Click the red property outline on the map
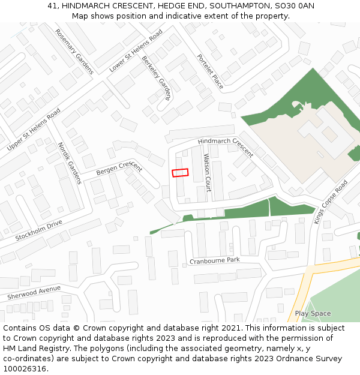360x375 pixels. [x=180, y=173]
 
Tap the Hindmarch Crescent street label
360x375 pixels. [x=225, y=147]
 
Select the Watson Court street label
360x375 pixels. [x=207, y=172]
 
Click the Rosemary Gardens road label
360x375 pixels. [x=74, y=52]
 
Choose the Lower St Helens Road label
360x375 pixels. [x=136, y=52]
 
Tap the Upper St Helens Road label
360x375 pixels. [x=34, y=130]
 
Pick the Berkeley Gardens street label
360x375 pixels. [x=157, y=79]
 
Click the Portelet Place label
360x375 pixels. [x=210, y=71]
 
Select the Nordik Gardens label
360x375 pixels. [x=69, y=163]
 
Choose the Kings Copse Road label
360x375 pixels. [x=331, y=203]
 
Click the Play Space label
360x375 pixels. [x=313, y=314]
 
